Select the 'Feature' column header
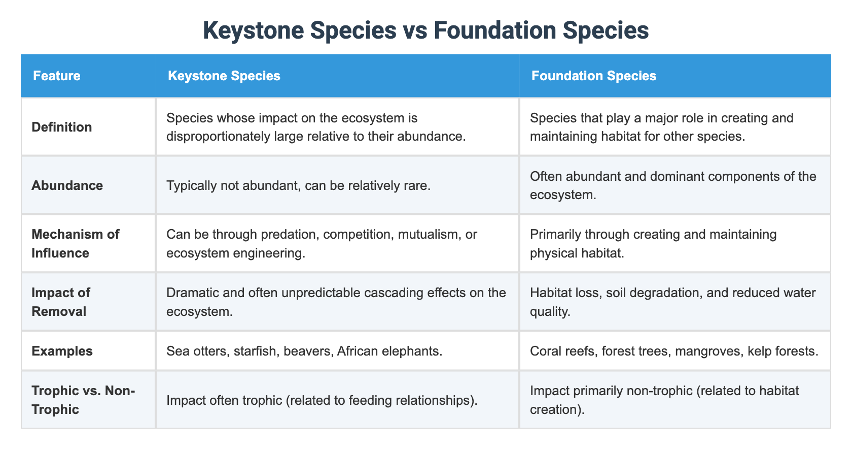pyautogui.click(x=56, y=76)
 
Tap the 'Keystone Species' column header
pyautogui.click(x=224, y=76)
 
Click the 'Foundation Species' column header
pyautogui.click(x=593, y=76)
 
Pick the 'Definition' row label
pyautogui.click(x=61, y=127)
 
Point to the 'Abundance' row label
pyautogui.click(x=67, y=185)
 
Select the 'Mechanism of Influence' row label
pyautogui.click(x=75, y=243)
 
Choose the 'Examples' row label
pyautogui.click(x=62, y=351)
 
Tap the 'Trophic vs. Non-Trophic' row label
pyautogui.click(x=83, y=400)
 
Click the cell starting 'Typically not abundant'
pyautogui.click(x=298, y=185)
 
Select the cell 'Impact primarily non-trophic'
pyautogui.click(x=664, y=400)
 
